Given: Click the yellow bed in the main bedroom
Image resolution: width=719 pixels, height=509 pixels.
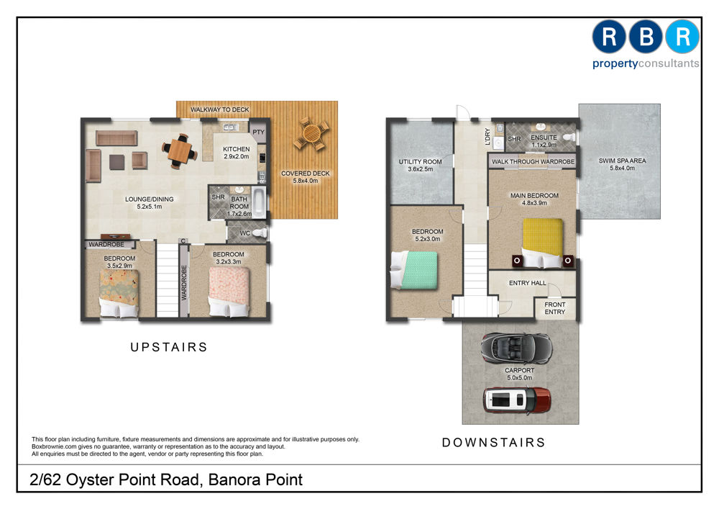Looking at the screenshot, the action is tap(542, 243).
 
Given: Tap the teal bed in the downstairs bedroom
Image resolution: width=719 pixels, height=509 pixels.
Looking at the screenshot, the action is tap(413, 270).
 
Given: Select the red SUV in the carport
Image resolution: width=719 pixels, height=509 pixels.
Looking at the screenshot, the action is tap(517, 400).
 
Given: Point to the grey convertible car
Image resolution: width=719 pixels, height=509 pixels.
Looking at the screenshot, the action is tap(517, 348).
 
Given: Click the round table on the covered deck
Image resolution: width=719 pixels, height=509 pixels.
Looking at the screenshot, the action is tap(312, 134).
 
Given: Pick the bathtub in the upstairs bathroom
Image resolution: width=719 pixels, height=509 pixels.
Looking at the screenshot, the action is tap(259, 202).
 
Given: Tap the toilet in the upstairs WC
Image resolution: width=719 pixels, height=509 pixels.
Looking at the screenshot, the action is tap(260, 233).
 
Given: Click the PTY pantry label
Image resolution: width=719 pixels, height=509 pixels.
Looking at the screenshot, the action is tap(259, 132).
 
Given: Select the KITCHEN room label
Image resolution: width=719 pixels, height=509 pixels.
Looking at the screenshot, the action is tap(236, 149).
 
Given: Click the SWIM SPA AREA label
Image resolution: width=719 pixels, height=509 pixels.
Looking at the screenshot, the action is tap(622, 161).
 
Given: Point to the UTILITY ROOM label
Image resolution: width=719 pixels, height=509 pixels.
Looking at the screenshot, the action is tap(420, 161).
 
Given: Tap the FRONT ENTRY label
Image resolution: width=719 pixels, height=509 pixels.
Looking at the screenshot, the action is tap(555, 308).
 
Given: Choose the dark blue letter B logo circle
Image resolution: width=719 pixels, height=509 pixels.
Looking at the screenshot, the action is tap(646, 37).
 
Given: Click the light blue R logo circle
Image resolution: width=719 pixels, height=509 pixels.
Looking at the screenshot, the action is tap(682, 37).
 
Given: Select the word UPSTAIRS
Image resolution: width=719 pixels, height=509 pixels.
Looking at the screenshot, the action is tap(169, 347).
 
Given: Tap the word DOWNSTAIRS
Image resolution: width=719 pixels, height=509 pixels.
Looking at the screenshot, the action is tap(494, 443).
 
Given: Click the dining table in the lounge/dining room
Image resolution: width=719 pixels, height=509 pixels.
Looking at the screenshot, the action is tap(179, 151).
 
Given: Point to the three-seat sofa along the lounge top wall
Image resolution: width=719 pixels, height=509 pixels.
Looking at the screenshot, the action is tap(116, 138).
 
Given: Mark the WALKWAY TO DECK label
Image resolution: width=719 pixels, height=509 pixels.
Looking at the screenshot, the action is tap(219, 109).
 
